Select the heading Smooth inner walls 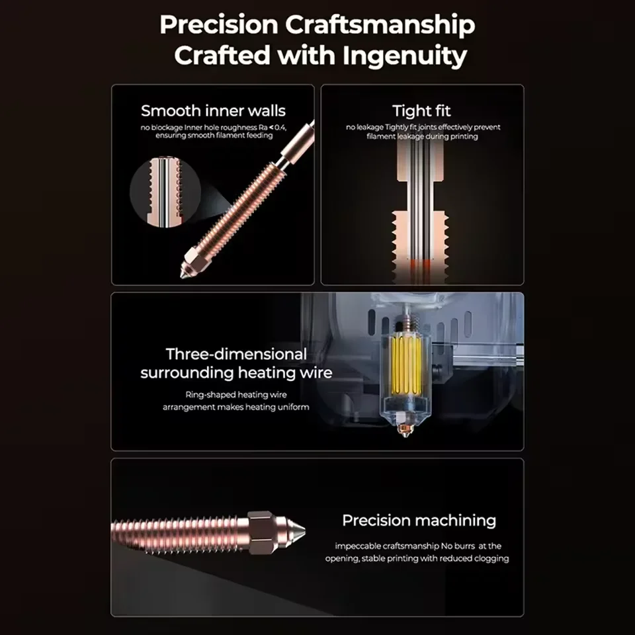coord(213,110)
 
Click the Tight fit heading coord(421,110)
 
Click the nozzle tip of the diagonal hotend coord(185,271)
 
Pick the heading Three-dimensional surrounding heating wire coord(236,363)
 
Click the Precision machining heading coord(419,521)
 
